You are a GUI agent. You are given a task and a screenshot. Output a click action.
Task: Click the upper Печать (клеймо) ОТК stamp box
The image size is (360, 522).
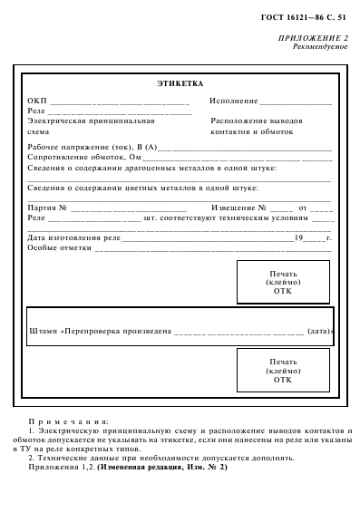pos(282,282)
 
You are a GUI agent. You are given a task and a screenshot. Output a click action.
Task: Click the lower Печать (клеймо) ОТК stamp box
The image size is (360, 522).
pos(282,371)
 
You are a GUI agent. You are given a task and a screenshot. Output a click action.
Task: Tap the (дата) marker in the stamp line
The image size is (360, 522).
pos(319,330)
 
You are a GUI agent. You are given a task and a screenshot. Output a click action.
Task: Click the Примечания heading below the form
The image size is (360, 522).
pos(69,421)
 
